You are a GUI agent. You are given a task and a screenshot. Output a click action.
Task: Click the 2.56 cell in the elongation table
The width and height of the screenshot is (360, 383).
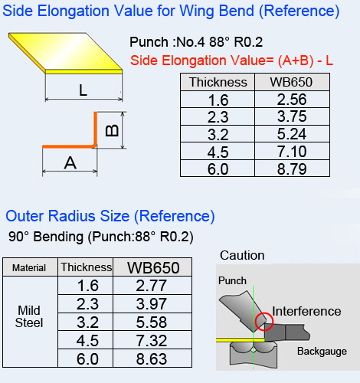click(292, 100)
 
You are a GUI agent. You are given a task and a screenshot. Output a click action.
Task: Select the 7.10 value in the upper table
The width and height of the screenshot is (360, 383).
click(292, 152)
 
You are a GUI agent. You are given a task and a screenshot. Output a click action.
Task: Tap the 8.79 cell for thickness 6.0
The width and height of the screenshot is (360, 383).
click(292, 169)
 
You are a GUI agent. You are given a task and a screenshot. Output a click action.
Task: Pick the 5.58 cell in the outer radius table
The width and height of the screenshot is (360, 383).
click(152, 322)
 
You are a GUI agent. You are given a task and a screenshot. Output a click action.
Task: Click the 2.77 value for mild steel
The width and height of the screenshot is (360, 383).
click(152, 286)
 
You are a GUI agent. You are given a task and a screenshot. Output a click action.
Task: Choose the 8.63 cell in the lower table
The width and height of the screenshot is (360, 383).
click(152, 358)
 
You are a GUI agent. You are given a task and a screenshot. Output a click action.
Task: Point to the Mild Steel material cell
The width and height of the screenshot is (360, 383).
click(29, 316)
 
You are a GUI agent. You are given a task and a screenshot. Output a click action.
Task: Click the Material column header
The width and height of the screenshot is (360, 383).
click(29, 268)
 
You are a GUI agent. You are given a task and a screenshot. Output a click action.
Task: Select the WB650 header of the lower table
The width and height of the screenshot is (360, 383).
click(153, 267)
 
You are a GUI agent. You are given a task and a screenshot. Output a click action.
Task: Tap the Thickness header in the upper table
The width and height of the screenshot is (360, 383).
click(218, 82)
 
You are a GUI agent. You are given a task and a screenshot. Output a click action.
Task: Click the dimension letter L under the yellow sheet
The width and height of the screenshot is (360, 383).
click(83, 90)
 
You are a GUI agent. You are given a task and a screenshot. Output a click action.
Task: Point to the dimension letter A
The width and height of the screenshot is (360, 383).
click(70, 162)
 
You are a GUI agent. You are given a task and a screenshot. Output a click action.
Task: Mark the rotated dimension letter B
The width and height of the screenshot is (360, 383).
click(112, 130)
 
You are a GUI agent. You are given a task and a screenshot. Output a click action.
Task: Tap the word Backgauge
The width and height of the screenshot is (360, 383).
click(322, 352)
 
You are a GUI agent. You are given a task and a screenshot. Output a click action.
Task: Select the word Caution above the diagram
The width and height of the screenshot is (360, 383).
click(242, 255)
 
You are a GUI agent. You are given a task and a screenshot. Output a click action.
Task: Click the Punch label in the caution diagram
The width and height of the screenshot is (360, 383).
click(232, 280)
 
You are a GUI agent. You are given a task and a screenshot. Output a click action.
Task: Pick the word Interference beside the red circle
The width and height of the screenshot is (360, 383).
click(306, 311)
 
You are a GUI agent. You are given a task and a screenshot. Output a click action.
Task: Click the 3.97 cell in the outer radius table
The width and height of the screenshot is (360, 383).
click(152, 304)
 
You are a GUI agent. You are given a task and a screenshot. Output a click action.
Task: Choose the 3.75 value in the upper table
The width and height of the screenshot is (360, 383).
click(292, 116)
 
